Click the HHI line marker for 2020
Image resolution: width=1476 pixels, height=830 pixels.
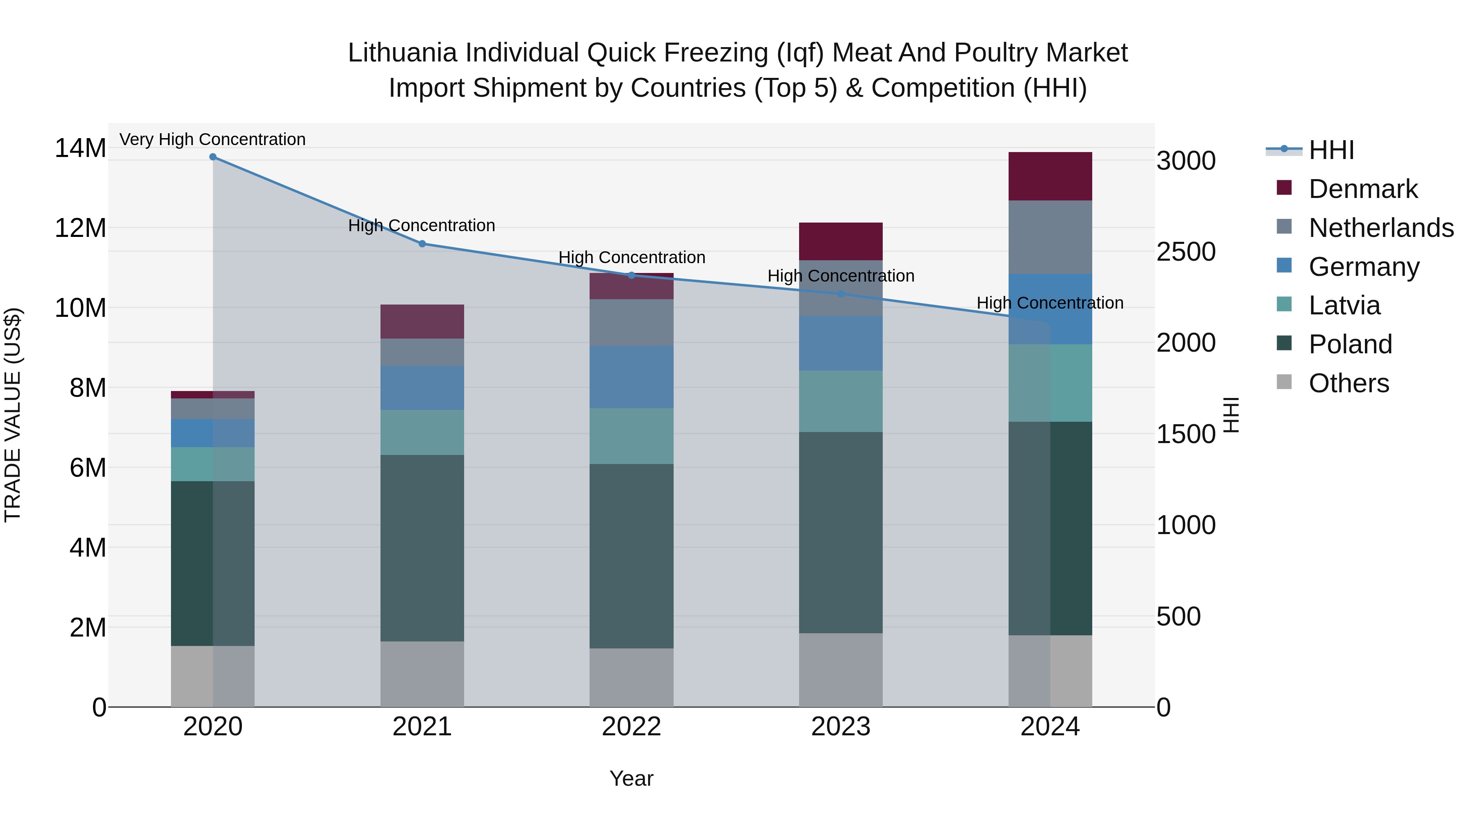(x=212, y=157)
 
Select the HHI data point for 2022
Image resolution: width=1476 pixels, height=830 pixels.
(x=631, y=275)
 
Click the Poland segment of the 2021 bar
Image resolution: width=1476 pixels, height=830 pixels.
(x=422, y=548)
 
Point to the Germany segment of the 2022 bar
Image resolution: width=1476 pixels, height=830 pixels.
(x=631, y=377)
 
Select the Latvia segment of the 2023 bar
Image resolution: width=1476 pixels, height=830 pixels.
(x=840, y=401)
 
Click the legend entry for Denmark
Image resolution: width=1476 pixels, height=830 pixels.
(x=1362, y=189)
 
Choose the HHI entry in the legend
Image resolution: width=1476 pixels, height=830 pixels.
(x=1331, y=150)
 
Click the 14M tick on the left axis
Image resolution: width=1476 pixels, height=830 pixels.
(x=80, y=148)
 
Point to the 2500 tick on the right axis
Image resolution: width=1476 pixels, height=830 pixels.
(x=1185, y=252)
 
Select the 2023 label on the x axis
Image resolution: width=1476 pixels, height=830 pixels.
(x=840, y=727)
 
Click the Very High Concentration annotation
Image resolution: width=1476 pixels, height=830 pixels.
(x=212, y=139)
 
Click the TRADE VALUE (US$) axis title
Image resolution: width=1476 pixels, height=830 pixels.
(x=13, y=415)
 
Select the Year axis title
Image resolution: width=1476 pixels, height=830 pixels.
(x=631, y=778)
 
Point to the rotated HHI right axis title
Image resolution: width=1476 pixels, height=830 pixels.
(x=1231, y=415)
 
